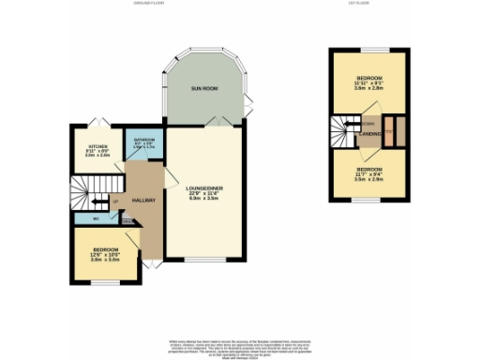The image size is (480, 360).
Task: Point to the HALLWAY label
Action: [142, 200]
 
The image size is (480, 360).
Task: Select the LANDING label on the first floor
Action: [368, 133]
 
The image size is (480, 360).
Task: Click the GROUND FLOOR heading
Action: [149, 4]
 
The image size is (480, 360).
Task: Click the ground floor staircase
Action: [91, 190]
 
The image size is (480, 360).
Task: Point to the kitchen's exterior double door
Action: [93, 124]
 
